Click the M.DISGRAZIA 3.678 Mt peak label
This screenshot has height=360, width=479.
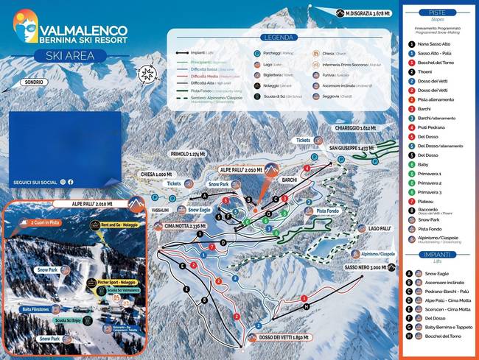coord(372,13)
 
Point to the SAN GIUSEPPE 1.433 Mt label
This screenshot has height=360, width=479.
coord(351,148)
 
